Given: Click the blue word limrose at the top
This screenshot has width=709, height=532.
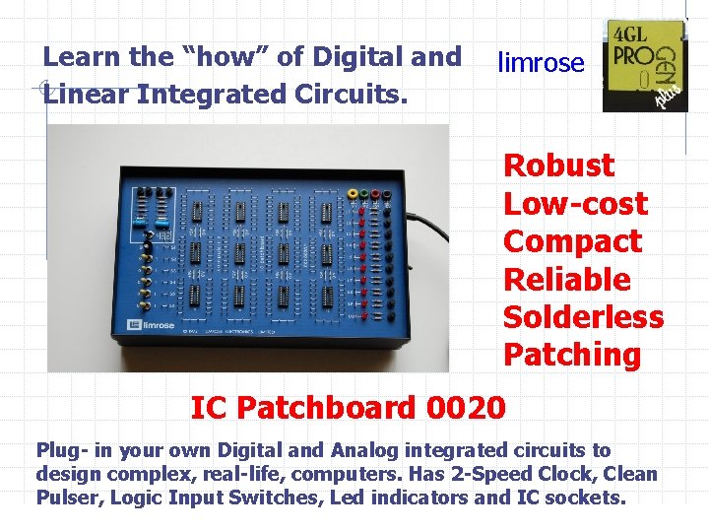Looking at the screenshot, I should pyautogui.click(x=541, y=64).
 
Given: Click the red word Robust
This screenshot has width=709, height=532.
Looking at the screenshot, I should pyautogui.click(x=558, y=166).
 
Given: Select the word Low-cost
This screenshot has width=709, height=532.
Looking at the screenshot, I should pyautogui.click(x=575, y=204).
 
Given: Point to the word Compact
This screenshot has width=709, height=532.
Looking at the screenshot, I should pyautogui.click(x=572, y=241).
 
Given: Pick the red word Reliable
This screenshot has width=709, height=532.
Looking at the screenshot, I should pyautogui.click(x=566, y=279).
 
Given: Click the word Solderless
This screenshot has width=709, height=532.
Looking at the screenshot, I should pyautogui.click(x=583, y=317).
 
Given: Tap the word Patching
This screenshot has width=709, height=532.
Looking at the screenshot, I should pyautogui.click(x=571, y=355).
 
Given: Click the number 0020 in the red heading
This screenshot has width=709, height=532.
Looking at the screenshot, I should pyautogui.click(x=467, y=407).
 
